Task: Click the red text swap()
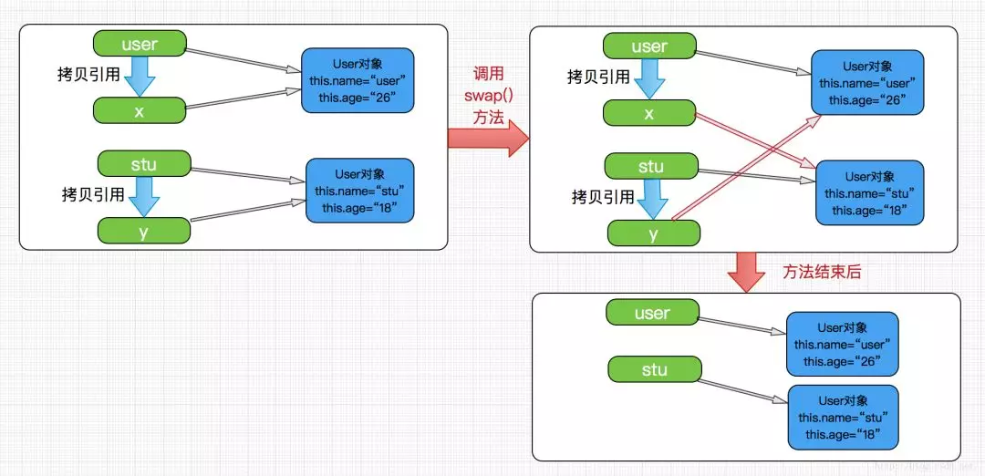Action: click(x=488, y=96)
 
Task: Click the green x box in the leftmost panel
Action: click(x=140, y=110)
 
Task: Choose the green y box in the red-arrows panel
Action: click(x=654, y=233)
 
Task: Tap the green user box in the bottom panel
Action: click(x=652, y=314)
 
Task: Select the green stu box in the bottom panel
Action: click(x=655, y=370)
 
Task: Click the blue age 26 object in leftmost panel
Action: click(x=357, y=80)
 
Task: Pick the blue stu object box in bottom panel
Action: click(x=843, y=417)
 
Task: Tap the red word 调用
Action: click(x=488, y=74)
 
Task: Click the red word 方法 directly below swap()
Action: click(x=488, y=118)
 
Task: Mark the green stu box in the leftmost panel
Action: click(x=144, y=164)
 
